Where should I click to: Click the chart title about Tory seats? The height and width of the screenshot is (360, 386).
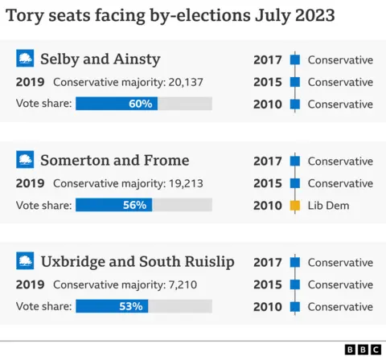pos(170,16)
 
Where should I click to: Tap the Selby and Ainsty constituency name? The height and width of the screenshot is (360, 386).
pos(100,59)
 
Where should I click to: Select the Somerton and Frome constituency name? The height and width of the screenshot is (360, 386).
pos(114,160)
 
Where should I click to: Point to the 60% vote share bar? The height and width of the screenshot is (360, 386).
pos(117,104)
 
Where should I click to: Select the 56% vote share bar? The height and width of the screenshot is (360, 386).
pos(113,205)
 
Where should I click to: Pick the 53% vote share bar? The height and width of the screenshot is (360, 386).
pos(110,306)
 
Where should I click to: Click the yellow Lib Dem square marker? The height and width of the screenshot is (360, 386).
pos(294,206)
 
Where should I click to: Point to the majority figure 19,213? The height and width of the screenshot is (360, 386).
pos(187,183)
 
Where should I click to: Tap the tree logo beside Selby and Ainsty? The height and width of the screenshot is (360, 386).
pos(26,59)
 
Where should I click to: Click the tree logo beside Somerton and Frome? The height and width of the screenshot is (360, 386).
pos(26,160)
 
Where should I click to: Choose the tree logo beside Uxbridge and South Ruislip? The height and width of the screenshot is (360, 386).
pos(26,261)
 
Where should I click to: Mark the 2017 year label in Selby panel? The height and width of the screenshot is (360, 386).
pos(268,59)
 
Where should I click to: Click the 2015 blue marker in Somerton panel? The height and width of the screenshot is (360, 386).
pos(294,183)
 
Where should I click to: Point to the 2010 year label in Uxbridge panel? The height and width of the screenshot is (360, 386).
pos(268,307)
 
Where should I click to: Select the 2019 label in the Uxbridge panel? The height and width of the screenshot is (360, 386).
pos(30,284)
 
